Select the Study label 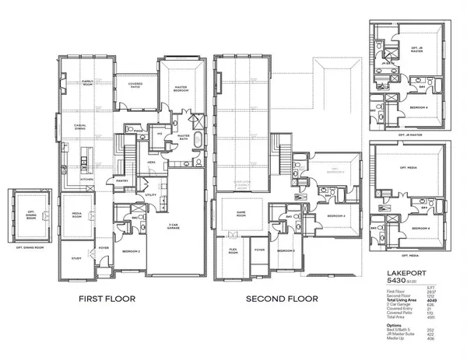[x=76, y=258]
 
